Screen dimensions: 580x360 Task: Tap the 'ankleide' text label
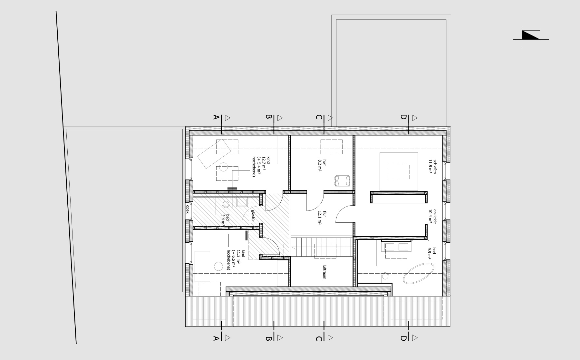click(x=434, y=216)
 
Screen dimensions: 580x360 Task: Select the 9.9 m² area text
click(x=430, y=253)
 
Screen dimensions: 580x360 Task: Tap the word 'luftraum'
click(x=324, y=272)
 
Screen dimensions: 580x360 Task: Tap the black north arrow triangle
click(x=530, y=35)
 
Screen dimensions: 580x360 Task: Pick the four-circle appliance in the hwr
click(x=342, y=180)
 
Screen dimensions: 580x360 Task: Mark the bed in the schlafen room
click(x=399, y=171)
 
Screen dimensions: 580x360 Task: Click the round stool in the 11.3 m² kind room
click(x=219, y=267)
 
